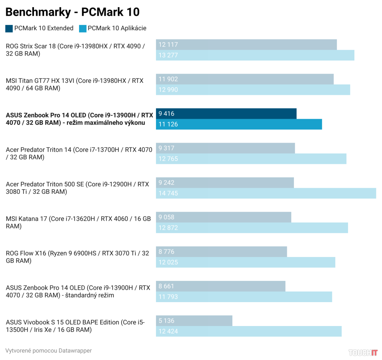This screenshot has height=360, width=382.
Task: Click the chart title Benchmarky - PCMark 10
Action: (x=72, y=12)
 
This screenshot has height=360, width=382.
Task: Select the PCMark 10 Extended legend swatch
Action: (x=9, y=28)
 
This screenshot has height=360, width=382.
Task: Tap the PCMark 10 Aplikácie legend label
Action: (x=117, y=28)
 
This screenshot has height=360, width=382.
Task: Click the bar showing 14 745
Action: (x=266, y=193)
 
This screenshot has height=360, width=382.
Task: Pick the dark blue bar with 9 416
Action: (x=226, y=114)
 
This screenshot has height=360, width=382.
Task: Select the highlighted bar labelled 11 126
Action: (x=239, y=124)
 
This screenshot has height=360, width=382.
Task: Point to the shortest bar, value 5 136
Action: (x=194, y=320)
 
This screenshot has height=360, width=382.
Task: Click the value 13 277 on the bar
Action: (x=168, y=55)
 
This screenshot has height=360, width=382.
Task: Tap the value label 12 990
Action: (x=168, y=90)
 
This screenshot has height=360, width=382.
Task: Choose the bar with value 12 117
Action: (x=246, y=44)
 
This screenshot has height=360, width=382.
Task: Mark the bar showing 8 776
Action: (x=221, y=252)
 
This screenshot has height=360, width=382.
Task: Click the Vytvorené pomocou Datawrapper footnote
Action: (x=48, y=350)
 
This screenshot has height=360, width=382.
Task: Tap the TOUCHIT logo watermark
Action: (x=363, y=352)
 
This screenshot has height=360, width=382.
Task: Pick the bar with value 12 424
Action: (x=248, y=331)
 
